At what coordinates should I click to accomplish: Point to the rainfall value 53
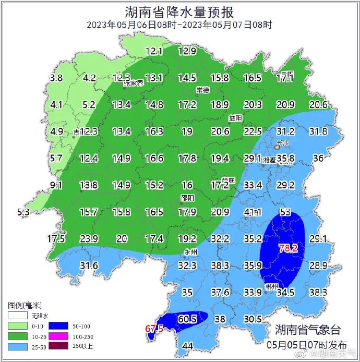285,212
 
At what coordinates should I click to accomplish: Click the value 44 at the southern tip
188,346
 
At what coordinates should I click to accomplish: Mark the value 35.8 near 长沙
286,158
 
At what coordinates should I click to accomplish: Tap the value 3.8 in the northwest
56,78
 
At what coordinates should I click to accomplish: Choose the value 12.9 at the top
187,51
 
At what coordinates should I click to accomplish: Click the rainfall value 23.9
89,239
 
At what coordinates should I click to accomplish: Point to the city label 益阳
235,118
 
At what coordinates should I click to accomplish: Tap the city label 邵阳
187,198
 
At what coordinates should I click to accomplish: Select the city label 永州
191,252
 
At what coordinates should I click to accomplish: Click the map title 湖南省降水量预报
179,11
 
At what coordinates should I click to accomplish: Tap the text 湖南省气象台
308,330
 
